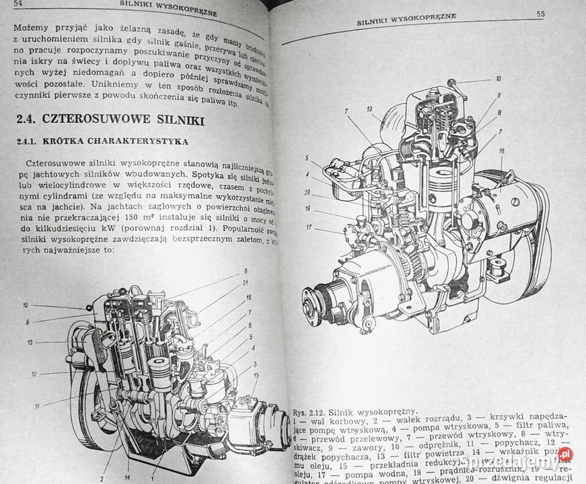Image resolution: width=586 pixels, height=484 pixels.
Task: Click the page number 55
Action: [540, 13]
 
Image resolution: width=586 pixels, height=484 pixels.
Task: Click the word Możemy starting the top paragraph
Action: [30, 30]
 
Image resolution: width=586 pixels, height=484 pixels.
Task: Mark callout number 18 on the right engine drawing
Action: [501, 152]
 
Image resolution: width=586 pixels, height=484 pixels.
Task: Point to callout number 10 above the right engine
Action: [498, 79]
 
